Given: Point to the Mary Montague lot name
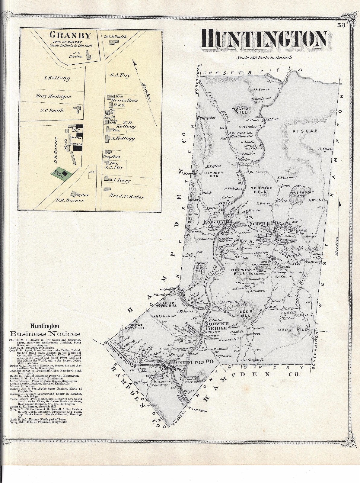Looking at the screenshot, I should tap(53, 97).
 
